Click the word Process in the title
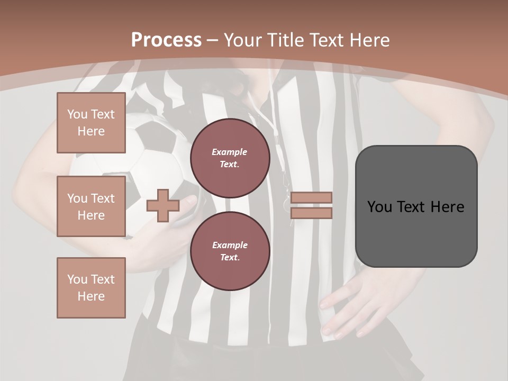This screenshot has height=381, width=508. point(166,40)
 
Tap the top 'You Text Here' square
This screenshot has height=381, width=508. point(91,123)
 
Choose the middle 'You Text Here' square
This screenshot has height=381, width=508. point(91,206)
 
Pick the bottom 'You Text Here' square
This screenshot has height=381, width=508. point(91,288)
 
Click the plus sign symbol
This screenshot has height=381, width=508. point(162,205)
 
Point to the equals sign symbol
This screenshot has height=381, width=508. point(311,205)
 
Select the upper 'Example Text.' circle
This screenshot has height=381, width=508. point(230,158)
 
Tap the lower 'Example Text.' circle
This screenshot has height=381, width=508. point(230,251)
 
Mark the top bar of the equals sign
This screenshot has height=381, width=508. point(311,198)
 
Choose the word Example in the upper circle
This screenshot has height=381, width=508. point(230,152)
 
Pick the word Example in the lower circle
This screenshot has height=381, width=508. point(230,245)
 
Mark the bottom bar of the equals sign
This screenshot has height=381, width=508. point(311,213)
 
